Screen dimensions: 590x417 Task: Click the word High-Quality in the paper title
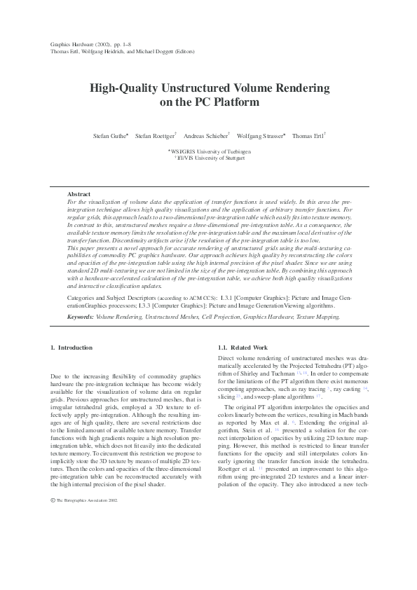point(118,89)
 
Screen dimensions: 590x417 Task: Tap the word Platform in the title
point(233,102)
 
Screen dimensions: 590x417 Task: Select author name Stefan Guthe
point(109,136)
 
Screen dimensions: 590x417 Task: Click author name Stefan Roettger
point(154,136)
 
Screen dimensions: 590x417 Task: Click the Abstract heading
point(79,194)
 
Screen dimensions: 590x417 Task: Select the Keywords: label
point(81,317)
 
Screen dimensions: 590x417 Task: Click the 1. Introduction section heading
point(71,348)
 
